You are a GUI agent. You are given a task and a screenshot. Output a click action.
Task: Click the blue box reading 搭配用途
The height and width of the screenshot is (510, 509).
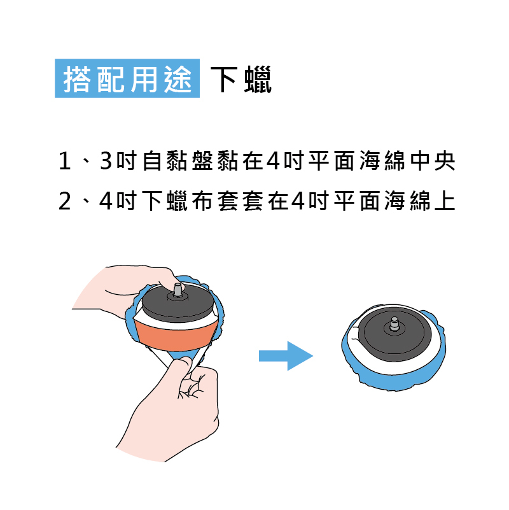(x=127, y=78)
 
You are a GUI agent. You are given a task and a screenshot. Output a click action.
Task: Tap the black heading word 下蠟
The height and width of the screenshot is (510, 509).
(x=241, y=79)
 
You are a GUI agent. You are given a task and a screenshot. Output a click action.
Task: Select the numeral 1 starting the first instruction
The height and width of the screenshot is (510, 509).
(x=65, y=161)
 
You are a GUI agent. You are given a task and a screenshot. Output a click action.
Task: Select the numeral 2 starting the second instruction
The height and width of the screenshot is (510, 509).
(x=65, y=201)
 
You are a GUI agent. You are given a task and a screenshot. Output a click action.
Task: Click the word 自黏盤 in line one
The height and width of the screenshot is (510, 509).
(x=178, y=160)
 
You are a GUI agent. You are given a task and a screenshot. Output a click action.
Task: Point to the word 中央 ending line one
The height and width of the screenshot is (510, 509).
(x=433, y=160)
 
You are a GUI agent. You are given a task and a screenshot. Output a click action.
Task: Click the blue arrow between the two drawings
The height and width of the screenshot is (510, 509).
(x=286, y=356)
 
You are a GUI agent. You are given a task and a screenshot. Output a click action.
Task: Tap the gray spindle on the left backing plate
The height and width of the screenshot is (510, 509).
(x=178, y=289)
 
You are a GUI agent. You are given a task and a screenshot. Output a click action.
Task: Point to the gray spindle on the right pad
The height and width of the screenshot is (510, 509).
(x=394, y=323)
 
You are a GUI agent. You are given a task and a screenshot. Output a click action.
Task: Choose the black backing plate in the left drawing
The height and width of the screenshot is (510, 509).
(x=178, y=303)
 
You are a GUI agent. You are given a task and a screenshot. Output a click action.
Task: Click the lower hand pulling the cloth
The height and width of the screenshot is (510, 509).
(x=172, y=410)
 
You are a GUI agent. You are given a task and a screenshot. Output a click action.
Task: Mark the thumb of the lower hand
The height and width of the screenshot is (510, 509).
(x=181, y=367)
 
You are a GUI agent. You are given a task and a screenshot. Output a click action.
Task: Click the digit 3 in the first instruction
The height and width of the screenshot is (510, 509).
(x=106, y=160)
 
